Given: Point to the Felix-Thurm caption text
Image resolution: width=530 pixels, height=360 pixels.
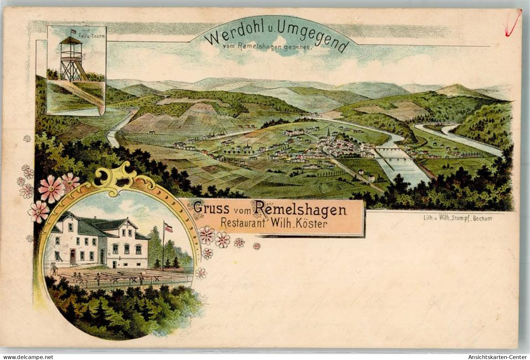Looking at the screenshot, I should (96, 36).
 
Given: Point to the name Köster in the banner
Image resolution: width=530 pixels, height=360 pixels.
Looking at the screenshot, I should (313, 224).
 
